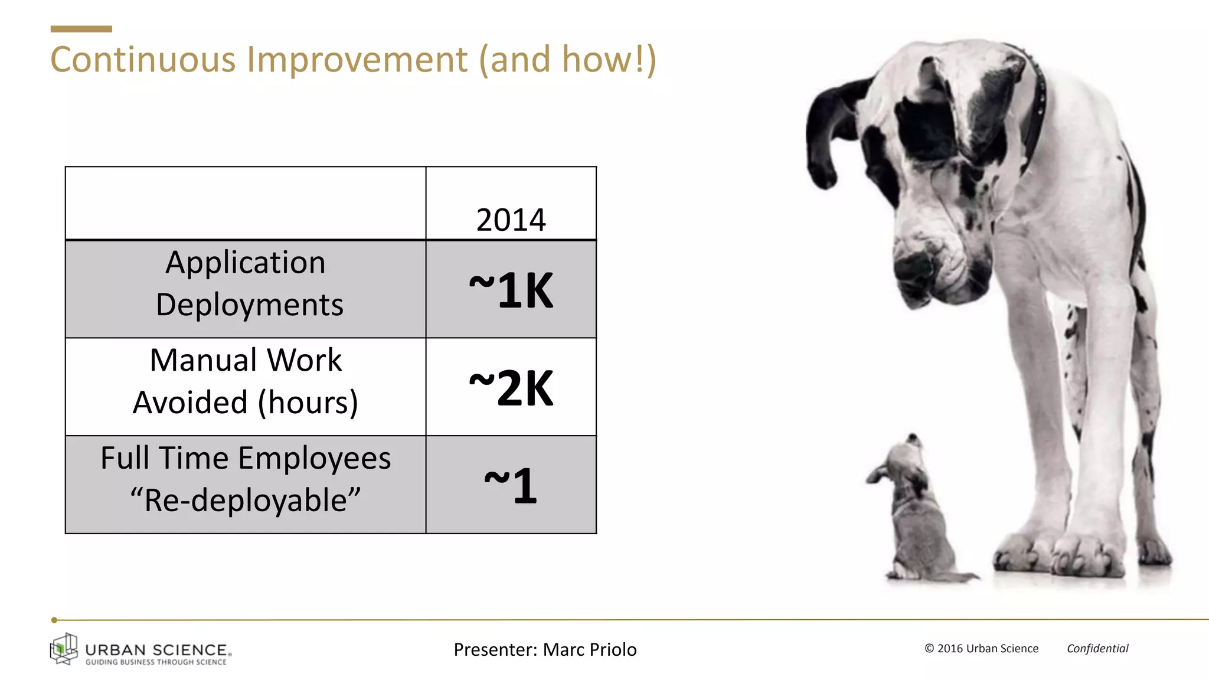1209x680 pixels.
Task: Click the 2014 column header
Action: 511,220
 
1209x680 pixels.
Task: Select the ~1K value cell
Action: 511,290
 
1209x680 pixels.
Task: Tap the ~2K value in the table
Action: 511,388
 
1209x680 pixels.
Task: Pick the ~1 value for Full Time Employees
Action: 511,485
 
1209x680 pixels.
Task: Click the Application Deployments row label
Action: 246,283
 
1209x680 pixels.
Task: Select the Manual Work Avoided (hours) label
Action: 246,381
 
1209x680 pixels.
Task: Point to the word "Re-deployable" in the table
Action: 245,501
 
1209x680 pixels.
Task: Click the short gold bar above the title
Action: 81,29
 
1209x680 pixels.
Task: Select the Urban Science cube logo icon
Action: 64,649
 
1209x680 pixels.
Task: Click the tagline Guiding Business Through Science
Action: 156,662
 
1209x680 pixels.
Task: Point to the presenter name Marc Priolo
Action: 589,649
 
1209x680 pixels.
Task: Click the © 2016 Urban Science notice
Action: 981,648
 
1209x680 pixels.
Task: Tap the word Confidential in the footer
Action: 1097,648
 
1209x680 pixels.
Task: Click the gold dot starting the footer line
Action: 54,620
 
